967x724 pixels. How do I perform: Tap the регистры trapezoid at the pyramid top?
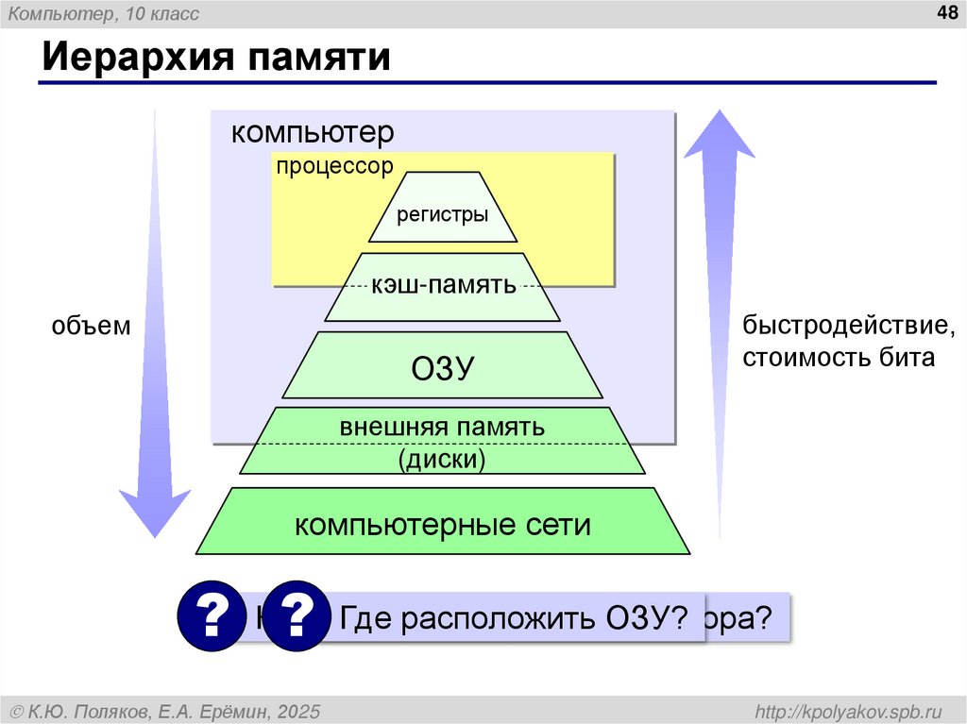pos(442,214)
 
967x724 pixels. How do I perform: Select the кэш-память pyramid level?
pos(443,285)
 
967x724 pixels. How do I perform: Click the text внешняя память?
pos(442,427)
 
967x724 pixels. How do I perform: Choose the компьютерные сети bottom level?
pos(442,524)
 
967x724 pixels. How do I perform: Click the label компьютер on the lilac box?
pos(313,132)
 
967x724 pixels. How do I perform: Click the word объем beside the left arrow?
pos(91,327)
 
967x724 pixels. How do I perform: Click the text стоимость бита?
pos(838,359)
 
